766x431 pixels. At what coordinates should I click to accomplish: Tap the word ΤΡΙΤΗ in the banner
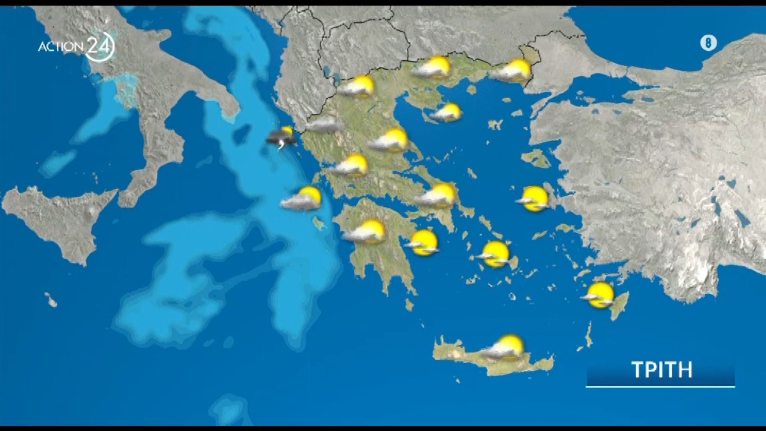click(662, 370)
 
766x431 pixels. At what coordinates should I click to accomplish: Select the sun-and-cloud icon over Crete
click(503, 347)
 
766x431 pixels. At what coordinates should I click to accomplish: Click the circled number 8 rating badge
click(709, 43)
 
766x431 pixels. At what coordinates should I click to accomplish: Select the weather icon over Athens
click(437, 196)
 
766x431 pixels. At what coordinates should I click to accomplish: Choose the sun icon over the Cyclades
click(494, 254)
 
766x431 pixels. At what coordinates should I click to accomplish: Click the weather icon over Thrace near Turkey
click(513, 71)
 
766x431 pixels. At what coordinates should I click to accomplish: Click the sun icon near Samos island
click(534, 198)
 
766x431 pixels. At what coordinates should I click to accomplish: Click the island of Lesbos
click(537, 158)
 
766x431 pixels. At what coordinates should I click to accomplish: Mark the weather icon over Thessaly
click(389, 140)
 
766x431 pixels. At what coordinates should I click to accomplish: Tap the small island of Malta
click(51, 300)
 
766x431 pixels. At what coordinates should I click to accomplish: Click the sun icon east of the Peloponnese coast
click(423, 243)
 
